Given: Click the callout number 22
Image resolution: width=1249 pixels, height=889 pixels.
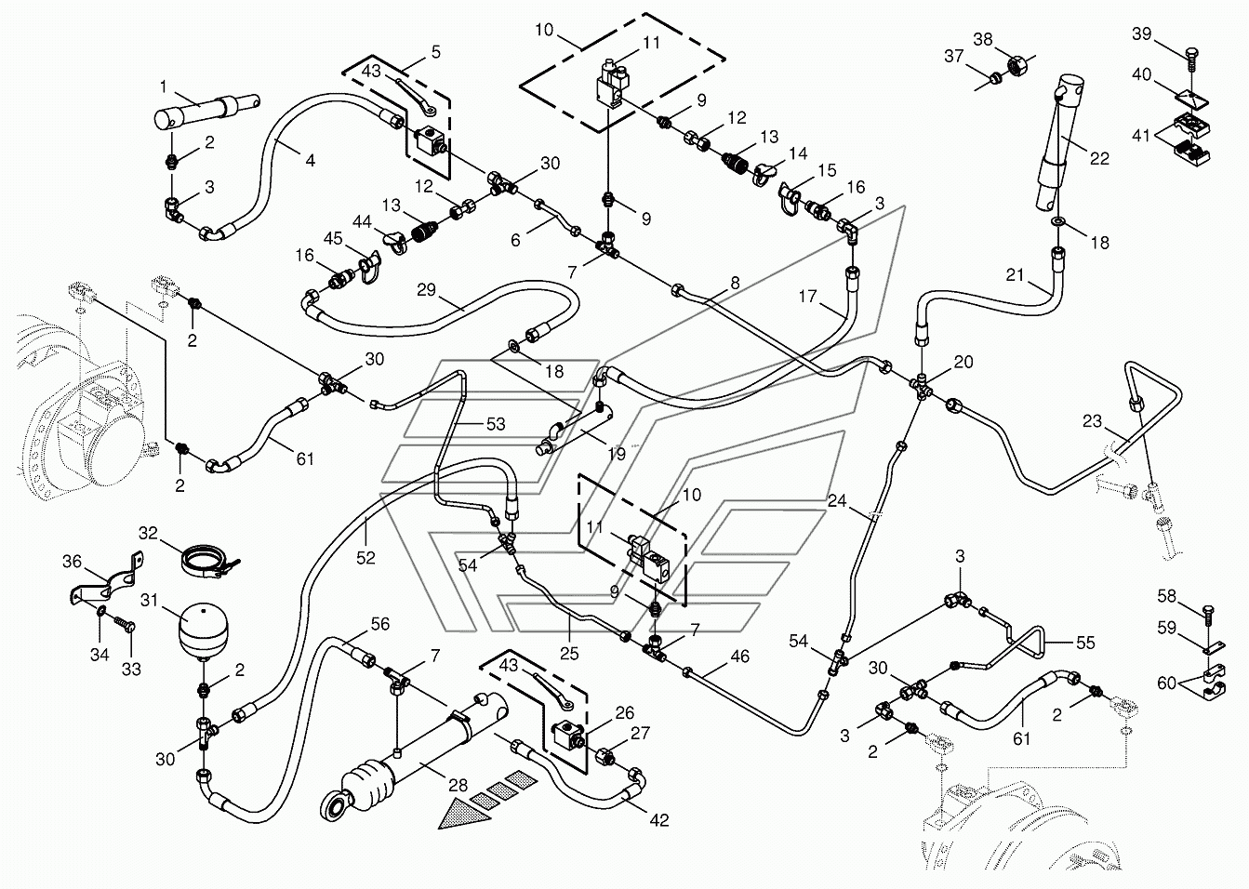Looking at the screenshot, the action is tap(1099, 159).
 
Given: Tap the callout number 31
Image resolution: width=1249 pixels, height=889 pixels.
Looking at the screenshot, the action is tap(150, 601).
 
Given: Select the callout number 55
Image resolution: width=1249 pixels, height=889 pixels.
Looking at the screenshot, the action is tap(1085, 643).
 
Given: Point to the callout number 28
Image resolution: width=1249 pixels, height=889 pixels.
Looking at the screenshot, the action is tap(458, 786).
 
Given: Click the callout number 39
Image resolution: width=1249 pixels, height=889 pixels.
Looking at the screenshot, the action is tap(1141, 34).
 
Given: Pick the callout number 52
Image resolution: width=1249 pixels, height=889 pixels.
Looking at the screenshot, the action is tap(365, 557).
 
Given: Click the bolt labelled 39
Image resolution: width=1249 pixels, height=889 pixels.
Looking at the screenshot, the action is tap(1191, 60).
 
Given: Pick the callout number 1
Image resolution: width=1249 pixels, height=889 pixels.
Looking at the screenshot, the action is tap(163, 86).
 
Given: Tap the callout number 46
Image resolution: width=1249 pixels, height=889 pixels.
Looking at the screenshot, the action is tap(739, 656).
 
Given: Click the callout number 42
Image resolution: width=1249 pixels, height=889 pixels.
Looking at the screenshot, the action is tap(659, 820).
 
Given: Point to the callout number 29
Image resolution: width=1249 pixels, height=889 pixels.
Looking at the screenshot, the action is tap(427, 290).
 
